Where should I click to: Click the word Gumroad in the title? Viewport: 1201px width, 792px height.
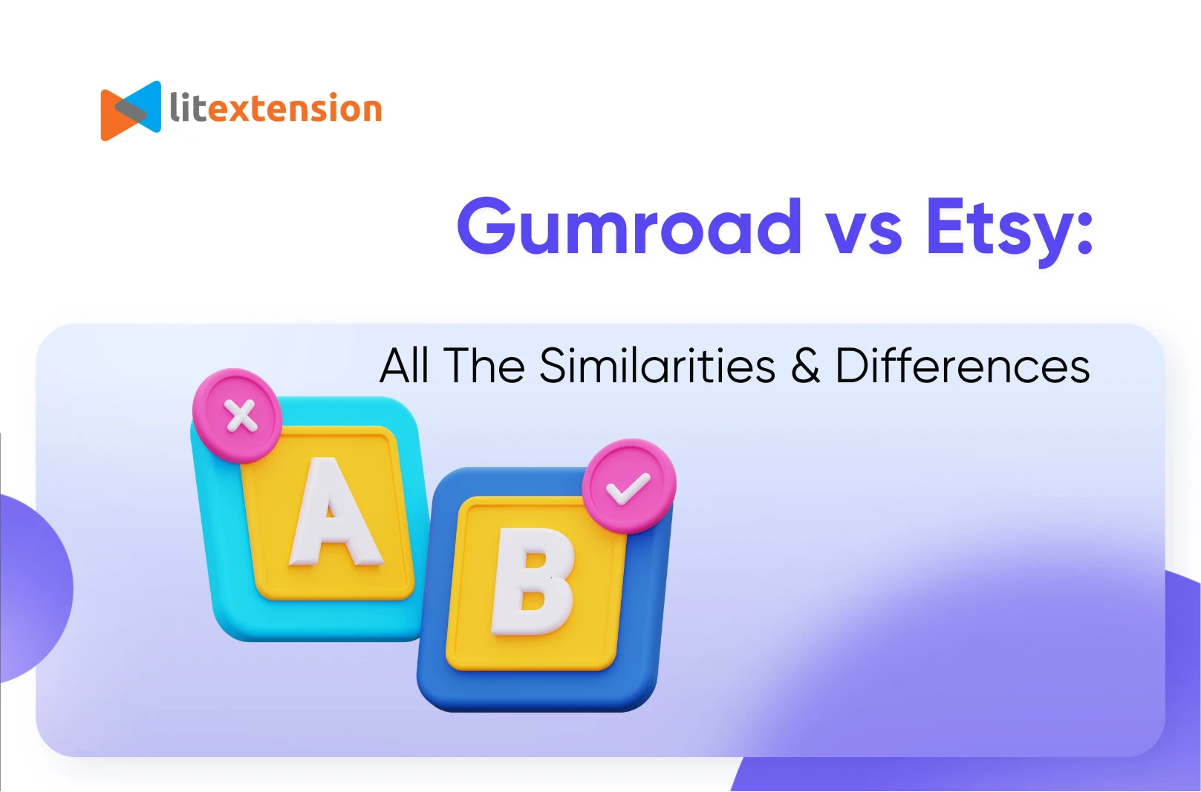(x=629, y=226)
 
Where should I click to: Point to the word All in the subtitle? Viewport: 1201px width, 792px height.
(x=404, y=365)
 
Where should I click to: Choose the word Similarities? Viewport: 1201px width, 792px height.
(x=657, y=365)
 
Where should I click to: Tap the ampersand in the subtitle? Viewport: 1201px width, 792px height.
(x=805, y=365)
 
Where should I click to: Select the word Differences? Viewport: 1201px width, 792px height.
(x=963, y=365)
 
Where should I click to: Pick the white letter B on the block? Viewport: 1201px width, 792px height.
(x=533, y=581)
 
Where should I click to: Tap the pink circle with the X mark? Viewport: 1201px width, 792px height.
(x=237, y=416)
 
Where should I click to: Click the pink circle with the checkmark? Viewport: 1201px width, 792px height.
(x=629, y=487)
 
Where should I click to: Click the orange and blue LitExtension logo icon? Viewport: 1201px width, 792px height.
(x=131, y=111)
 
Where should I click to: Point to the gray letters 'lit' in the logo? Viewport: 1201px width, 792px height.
(x=188, y=107)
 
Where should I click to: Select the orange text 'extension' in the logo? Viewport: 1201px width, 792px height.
(x=294, y=109)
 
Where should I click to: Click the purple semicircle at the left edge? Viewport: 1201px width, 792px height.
(x=35, y=589)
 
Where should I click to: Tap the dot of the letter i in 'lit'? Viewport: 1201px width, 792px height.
(x=185, y=94)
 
